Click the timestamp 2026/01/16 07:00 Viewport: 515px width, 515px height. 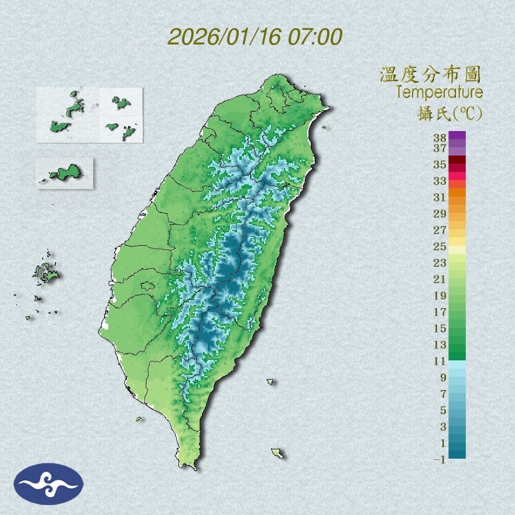pyautogui.click(x=255, y=37)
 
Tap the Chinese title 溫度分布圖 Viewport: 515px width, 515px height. pyautogui.click(x=430, y=75)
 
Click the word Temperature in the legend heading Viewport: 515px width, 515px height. pyautogui.click(x=439, y=92)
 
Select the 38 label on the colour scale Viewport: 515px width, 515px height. pyautogui.click(x=440, y=138)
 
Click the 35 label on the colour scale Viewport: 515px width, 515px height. pyautogui.click(x=440, y=164)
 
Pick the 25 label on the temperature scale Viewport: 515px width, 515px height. pyautogui.click(x=440, y=246)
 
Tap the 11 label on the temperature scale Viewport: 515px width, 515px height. pyautogui.click(x=440, y=361)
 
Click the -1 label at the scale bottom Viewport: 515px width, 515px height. pyautogui.click(x=440, y=459)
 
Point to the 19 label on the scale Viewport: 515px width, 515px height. pyautogui.click(x=440, y=296)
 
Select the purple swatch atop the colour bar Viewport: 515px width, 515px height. pyautogui.click(x=458, y=135)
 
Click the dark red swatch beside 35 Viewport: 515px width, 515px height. pyautogui.click(x=458, y=160)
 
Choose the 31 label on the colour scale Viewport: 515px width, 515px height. pyautogui.click(x=440, y=197)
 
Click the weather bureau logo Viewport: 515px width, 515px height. pyautogui.click(x=49, y=484)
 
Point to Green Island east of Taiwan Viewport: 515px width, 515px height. pyautogui.click(x=270, y=382)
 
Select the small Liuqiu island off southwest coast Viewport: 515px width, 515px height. pyautogui.click(x=139, y=419)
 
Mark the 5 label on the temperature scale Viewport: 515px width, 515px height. pyautogui.click(x=443, y=410)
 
